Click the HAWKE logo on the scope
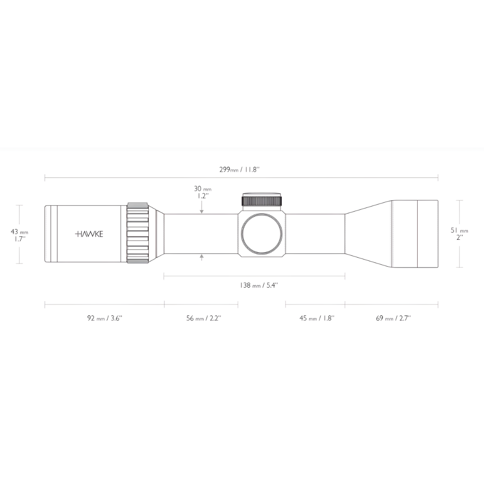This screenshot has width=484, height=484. tap(89, 234)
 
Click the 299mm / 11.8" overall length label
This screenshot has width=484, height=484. tap(239, 169)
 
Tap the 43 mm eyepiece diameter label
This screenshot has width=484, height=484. tap(19, 232)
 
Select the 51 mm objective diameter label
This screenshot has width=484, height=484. tap(459, 230)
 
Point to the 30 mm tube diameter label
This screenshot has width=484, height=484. tap(202, 189)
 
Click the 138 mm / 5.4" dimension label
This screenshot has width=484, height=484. tap(259, 285)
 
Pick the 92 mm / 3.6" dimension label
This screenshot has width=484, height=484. tap(104, 318)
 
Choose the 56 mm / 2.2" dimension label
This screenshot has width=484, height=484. tap(203, 318)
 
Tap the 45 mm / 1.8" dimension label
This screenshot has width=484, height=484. tap(316, 318)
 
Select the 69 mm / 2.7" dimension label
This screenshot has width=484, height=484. tap(393, 318)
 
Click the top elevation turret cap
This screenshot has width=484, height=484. tap(262, 200)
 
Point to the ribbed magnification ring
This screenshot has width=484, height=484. tap(138, 233)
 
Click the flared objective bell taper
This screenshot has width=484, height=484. tap(368, 233)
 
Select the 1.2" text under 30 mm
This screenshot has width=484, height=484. tap(203, 196)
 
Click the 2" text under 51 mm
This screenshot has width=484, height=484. tap(459, 238)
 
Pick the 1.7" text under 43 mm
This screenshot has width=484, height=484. tap(19, 239)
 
